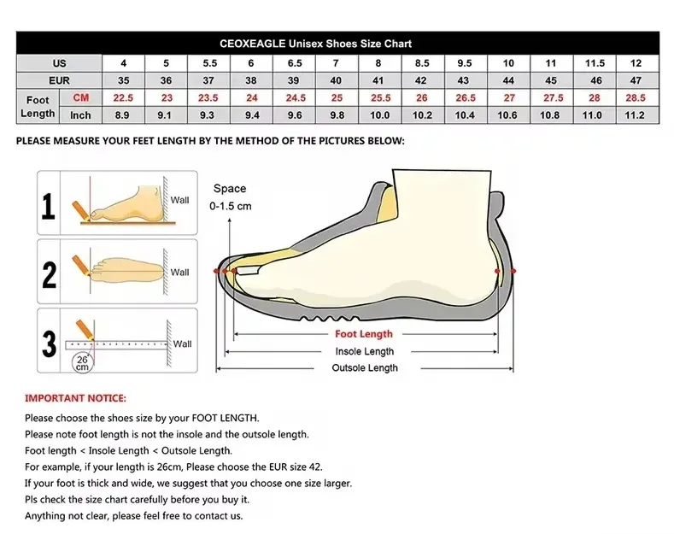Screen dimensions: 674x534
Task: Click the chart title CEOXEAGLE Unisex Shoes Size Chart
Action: (x=315, y=44)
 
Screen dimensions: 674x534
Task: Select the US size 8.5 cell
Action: (x=422, y=63)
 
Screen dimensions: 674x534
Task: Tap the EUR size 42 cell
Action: (x=422, y=80)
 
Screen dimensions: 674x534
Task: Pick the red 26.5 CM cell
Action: (x=465, y=97)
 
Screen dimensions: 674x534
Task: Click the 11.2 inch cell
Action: (x=635, y=115)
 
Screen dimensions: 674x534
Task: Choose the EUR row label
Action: (x=59, y=80)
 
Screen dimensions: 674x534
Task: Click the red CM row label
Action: (x=81, y=97)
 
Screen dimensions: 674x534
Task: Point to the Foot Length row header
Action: (x=38, y=107)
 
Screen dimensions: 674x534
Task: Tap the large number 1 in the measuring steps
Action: (x=49, y=206)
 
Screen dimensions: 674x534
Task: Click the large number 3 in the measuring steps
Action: (x=49, y=343)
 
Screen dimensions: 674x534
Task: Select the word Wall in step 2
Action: (x=179, y=273)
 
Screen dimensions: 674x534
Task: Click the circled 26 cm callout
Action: (x=82, y=363)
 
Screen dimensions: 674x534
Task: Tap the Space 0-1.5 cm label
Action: (x=230, y=197)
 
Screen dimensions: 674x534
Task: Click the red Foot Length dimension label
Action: (x=364, y=333)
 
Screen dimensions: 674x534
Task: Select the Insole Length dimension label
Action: (x=365, y=351)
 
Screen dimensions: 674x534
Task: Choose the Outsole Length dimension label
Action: (x=365, y=368)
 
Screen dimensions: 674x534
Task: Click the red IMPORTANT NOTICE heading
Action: (x=75, y=398)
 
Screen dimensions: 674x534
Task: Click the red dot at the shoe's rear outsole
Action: (x=513, y=271)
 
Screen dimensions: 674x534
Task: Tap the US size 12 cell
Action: (x=636, y=63)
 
